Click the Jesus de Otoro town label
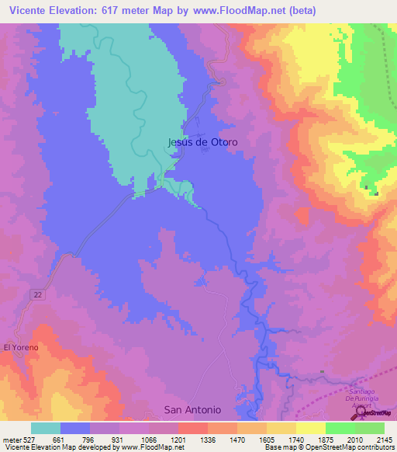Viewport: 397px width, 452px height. click(202, 143)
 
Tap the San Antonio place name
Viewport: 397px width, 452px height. click(192, 409)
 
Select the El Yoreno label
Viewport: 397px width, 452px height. click(20, 347)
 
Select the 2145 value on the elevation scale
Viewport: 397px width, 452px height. click(384, 440)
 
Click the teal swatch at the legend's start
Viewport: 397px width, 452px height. click(46, 428)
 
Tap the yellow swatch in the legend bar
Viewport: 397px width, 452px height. click(311, 428)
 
